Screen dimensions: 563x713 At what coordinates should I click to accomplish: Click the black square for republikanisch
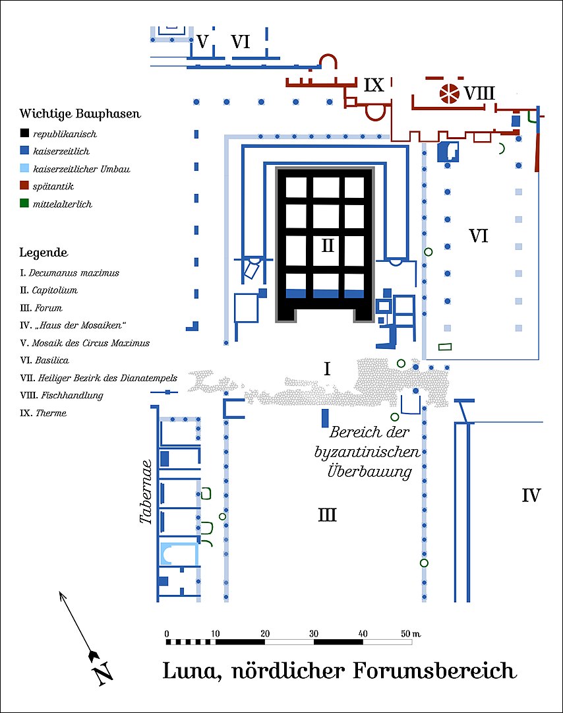(x=24, y=133)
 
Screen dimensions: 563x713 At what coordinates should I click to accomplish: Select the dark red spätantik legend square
(x=24, y=185)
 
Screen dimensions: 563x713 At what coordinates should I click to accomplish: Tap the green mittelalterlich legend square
(x=24, y=203)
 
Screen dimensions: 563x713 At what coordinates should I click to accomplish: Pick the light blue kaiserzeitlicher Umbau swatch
(x=24, y=168)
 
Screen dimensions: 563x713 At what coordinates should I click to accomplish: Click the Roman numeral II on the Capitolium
(x=328, y=245)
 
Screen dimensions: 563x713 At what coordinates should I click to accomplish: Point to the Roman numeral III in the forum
(x=327, y=514)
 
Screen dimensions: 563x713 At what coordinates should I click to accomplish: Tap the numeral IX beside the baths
(x=374, y=85)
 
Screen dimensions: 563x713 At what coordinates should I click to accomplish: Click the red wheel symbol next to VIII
(x=450, y=93)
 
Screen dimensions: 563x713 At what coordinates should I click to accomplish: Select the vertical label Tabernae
(x=146, y=492)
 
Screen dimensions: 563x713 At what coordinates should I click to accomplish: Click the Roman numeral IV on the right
(x=531, y=495)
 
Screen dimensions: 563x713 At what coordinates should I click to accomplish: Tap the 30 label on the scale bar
(x=314, y=633)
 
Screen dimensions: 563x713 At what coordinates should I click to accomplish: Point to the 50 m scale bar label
(x=411, y=633)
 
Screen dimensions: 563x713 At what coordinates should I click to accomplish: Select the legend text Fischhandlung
(x=73, y=395)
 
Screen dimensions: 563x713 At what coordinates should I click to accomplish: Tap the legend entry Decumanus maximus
(x=74, y=273)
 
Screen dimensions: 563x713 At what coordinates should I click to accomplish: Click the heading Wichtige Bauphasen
(x=80, y=113)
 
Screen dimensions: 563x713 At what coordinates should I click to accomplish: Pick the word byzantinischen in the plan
(x=367, y=452)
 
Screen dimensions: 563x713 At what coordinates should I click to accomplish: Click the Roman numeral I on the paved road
(x=327, y=369)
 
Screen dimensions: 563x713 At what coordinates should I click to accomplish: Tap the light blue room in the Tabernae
(x=179, y=554)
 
